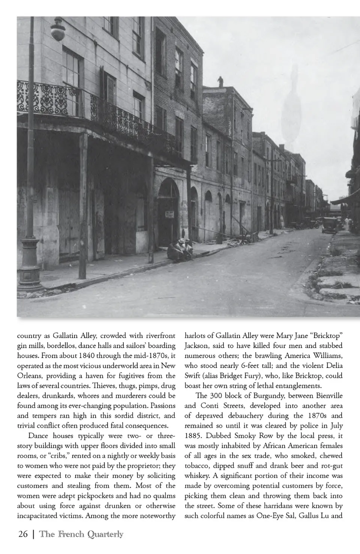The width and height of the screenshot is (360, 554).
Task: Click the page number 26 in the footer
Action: [23, 534]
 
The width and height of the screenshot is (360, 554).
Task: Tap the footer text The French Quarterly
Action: [81, 534]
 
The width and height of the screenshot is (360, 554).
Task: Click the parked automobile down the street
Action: [328, 225]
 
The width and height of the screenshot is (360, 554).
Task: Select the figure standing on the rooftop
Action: [221, 81]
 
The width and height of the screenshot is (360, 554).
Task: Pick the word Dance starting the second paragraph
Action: [39, 436]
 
